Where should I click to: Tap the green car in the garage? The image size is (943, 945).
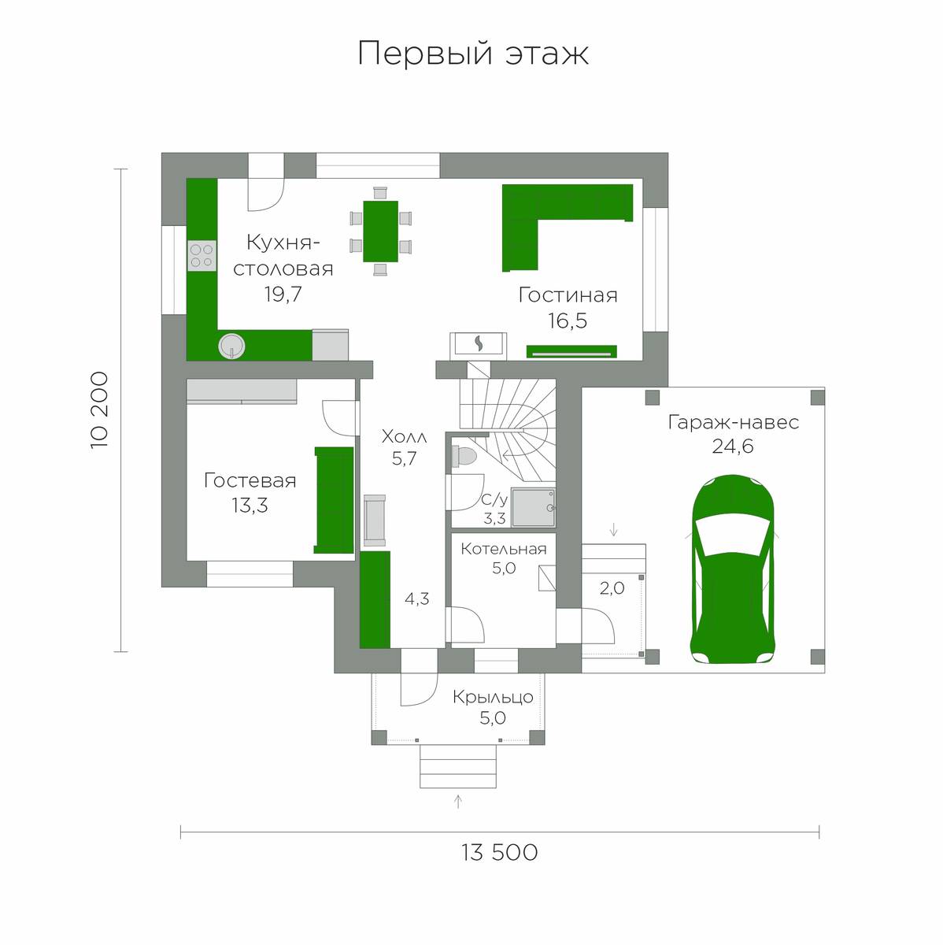tap(733, 569)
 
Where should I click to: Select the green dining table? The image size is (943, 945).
tap(380, 231)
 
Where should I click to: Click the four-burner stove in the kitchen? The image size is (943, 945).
tap(201, 255)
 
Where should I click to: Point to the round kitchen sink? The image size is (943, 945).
tap(231, 346)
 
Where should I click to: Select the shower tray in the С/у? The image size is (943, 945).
tap(533, 508)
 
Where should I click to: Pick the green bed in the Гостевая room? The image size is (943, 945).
tap(334, 500)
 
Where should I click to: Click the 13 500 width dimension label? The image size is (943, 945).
tap(499, 853)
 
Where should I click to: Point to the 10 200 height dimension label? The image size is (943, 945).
tap(99, 410)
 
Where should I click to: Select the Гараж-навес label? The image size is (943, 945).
tap(734, 422)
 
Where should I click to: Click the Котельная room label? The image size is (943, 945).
tap(504, 549)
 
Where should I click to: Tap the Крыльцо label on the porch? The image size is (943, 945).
tap(493, 697)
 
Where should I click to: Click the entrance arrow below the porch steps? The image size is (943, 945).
tap(458, 802)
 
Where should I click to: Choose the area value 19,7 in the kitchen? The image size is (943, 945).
tap(283, 295)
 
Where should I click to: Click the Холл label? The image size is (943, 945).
tap(404, 436)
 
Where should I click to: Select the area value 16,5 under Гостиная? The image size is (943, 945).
tap(568, 321)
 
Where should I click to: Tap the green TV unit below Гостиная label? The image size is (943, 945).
tap(571, 351)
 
